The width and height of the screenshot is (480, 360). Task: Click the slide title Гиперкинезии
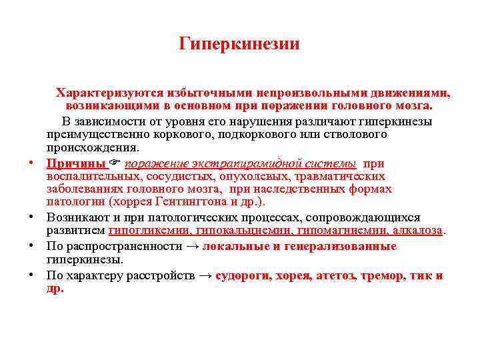coord(240,45)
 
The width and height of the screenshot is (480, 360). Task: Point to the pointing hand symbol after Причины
coord(116,163)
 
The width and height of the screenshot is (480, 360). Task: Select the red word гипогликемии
coord(148,231)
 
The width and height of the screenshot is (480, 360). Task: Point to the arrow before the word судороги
coord(207,275)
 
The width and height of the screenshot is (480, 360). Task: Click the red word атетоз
coord(335,275)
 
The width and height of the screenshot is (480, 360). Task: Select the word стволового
coord(359,135)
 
